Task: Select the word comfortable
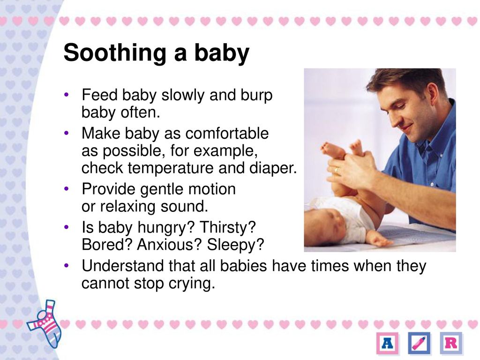pyautogui.click(x=227, y=134)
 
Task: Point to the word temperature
pyautogui.click(x=170, y=168)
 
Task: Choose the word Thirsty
pyautogui.click(x=227, y=227)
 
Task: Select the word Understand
pyautogui.click(x=122, y=266)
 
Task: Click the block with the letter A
pyautogui.click(x=388, y=343)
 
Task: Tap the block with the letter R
pyautogui.click(x=451, y=343)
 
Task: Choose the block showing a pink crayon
pyautogui.click(x=420, y=343)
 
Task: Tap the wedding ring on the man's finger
pyautogui.click(x=336, y=170)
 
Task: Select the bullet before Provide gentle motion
pyautogui.click(x=67, y=189)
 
